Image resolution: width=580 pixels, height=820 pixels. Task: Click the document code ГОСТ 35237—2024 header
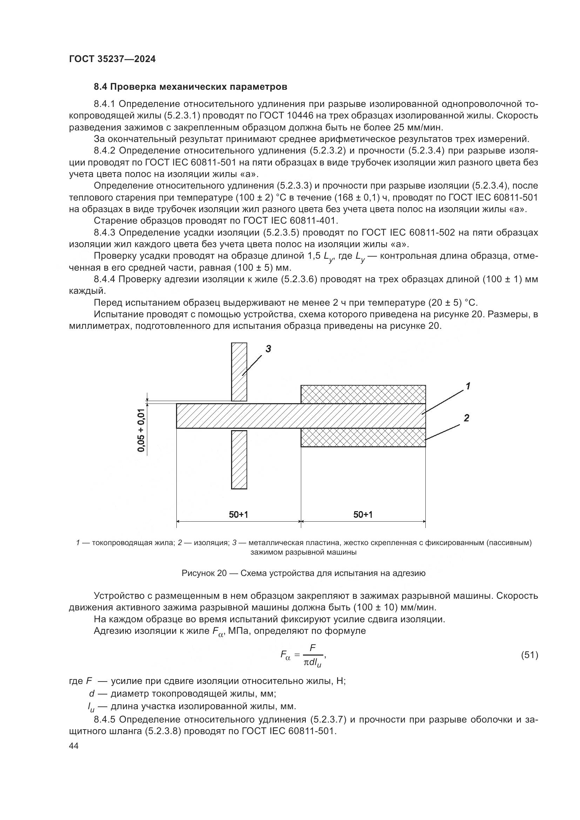[112, 59]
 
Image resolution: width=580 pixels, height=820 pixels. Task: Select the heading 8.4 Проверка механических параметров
[190, 87]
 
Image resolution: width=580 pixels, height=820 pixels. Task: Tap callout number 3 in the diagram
[268, 348]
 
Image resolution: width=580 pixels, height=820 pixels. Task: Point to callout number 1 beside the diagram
[467, 386]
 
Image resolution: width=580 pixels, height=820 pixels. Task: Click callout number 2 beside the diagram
[466, 418]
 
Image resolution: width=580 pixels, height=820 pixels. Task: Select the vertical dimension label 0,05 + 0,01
[142, 430]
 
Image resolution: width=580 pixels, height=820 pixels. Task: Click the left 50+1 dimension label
[238, 514]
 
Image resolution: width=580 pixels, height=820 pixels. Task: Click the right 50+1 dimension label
[363, 514]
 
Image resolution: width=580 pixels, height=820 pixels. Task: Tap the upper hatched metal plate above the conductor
[239, 371]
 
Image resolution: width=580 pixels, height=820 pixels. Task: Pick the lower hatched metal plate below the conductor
[239, 460]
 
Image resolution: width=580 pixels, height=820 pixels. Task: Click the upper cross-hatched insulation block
[363, 394]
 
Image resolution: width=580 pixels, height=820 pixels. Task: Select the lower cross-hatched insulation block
[363, 438]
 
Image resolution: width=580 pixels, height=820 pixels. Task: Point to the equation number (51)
[529, 655]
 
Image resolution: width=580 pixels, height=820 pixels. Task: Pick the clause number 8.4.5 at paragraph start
[105, 719]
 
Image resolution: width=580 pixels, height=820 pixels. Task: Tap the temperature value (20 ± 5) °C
[452, 303]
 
